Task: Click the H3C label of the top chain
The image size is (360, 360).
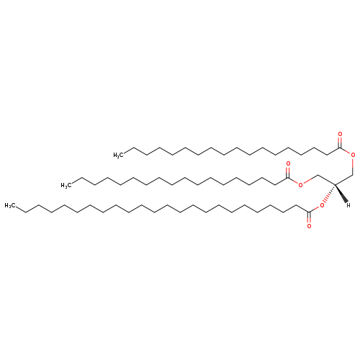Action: coord(118,155)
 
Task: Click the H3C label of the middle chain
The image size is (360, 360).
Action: coord(66,185)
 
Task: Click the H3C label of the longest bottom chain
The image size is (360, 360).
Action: coord(9,205)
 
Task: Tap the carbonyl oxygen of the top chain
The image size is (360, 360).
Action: coord(340,134)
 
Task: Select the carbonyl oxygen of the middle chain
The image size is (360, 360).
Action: coord(288,164)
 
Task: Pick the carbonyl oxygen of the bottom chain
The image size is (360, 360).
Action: coord(309,226)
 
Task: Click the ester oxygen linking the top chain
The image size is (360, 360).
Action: coord(353,155)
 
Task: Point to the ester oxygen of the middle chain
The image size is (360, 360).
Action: coord(300,185)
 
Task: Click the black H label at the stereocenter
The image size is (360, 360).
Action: coord(348,205)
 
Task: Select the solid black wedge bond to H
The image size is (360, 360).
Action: coord(341,194)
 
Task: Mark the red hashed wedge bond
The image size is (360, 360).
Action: coord(328,194)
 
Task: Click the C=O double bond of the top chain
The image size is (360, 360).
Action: coord(340,143)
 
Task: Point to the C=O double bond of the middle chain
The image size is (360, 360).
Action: coord(288,173)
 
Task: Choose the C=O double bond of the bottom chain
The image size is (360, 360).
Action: coord(309,217)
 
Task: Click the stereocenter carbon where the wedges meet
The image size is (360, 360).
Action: coord(335,185)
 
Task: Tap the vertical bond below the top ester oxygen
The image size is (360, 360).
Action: coord(353,166)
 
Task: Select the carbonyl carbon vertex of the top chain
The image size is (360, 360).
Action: coord(340,148)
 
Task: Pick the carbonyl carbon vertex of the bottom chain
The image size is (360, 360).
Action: coord(309,212)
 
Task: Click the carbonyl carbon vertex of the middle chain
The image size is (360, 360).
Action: coord(288,178)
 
